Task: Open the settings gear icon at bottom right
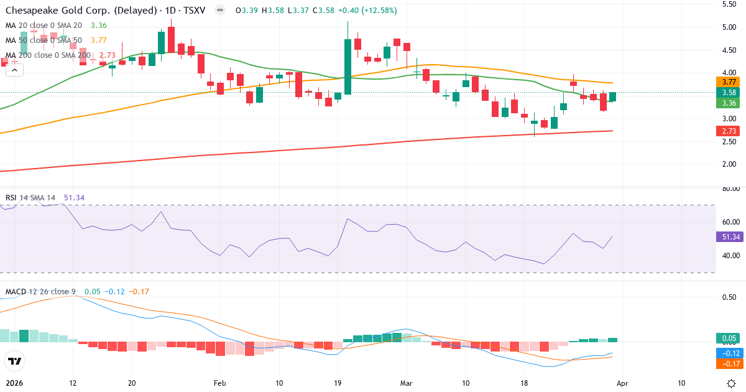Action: pos(732,383)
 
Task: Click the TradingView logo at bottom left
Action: pos(15,361)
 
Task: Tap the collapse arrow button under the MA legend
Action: pos(14,70)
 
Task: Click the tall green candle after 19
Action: pos(348,66)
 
